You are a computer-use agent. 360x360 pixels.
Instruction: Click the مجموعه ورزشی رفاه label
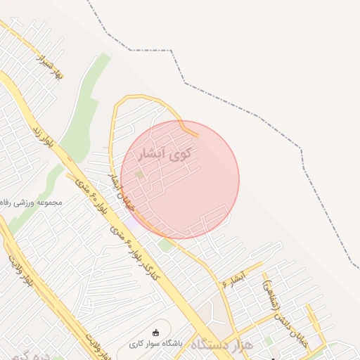pos(32,202)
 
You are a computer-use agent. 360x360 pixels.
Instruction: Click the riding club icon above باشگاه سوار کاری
pos(155,333)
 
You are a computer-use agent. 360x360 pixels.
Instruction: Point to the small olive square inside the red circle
pos(139,174)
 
